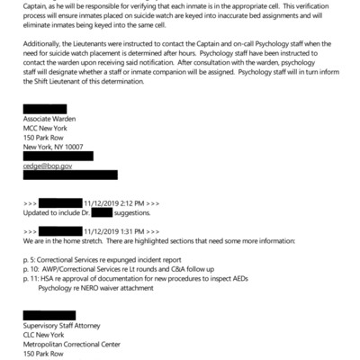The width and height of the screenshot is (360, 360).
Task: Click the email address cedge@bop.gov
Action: point(47,166)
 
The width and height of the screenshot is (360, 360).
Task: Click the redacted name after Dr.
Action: point(101,214)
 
